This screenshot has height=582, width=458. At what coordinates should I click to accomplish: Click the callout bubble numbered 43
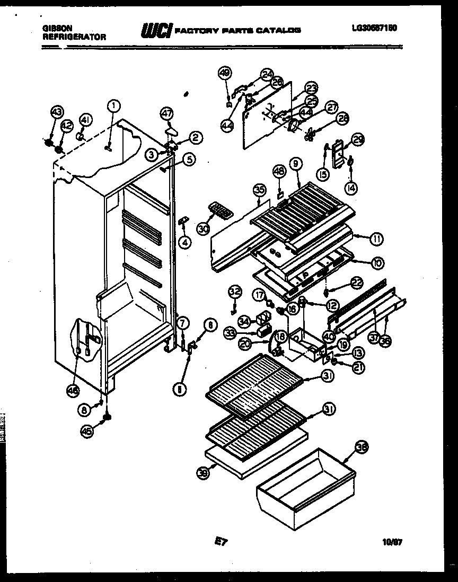57,112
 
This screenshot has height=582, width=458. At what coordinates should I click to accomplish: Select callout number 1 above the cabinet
113,105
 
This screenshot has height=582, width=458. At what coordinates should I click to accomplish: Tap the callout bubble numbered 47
167,113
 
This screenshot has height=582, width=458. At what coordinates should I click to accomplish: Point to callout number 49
225,73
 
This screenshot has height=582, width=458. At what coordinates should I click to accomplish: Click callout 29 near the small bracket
359,140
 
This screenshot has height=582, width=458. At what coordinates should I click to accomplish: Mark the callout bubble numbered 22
342,284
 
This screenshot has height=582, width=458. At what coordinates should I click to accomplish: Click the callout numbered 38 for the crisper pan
362,447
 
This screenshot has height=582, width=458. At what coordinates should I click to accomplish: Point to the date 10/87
390,542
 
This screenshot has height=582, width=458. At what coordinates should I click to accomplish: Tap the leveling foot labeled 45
107,419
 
